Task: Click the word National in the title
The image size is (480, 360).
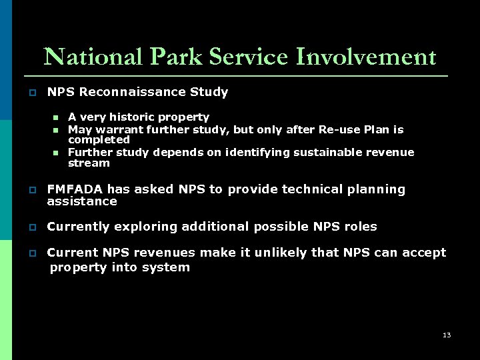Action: (x=92, y=57)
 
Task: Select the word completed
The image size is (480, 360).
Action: (x=99, y=140)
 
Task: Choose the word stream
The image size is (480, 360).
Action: (x=89, y=163)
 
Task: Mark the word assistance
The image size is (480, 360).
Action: (x=81, y=201)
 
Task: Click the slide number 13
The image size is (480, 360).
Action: (x=447, y=335)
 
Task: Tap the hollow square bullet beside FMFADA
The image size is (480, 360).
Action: (x=32, y=190)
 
